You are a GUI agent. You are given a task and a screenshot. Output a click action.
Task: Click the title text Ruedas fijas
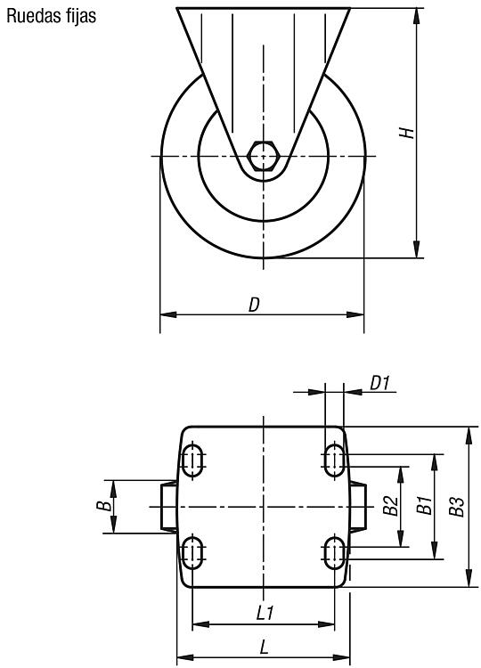[x=51, y=16]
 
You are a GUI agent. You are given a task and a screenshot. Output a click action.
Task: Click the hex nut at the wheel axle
[x=264, y=156]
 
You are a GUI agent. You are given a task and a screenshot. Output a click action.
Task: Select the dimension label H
[x=407, y=133]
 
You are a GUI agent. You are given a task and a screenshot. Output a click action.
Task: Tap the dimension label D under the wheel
[x=255, y=305]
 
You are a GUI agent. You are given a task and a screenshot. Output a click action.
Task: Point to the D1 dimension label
[x=379, y=383]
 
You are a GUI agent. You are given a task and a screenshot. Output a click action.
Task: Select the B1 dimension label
[x=424, y=505]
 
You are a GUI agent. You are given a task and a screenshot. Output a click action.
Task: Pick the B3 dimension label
[x=458, y=507]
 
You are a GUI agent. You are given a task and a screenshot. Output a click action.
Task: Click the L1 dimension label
[x=265, y=613]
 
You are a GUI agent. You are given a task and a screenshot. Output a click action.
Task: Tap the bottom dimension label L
[x=265, y=648]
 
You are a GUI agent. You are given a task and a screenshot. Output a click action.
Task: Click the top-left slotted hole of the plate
[x=192, y=460]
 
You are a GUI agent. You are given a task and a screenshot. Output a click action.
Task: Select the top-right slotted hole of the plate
[x=334, y=460]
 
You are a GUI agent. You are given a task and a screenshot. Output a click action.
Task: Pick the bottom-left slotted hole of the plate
[x=192, y=552]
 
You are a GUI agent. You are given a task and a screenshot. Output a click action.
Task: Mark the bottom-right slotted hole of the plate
[x=334, y=552]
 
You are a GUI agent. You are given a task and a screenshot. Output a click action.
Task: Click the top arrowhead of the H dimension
[x=416, y=16]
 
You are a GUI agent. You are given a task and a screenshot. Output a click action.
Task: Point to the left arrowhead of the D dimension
[x=168, y=314]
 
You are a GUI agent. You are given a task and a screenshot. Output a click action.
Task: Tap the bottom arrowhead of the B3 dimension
[x=469, y=579]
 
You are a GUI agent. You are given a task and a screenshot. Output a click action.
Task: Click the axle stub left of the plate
[x=169, y=507]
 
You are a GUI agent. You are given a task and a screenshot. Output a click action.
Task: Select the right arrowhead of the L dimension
[x=341, y=657]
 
